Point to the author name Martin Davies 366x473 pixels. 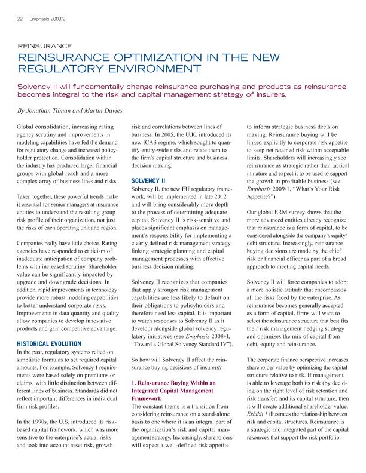[x=105, y=112]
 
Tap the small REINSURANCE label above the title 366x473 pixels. [x=45, y=45]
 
